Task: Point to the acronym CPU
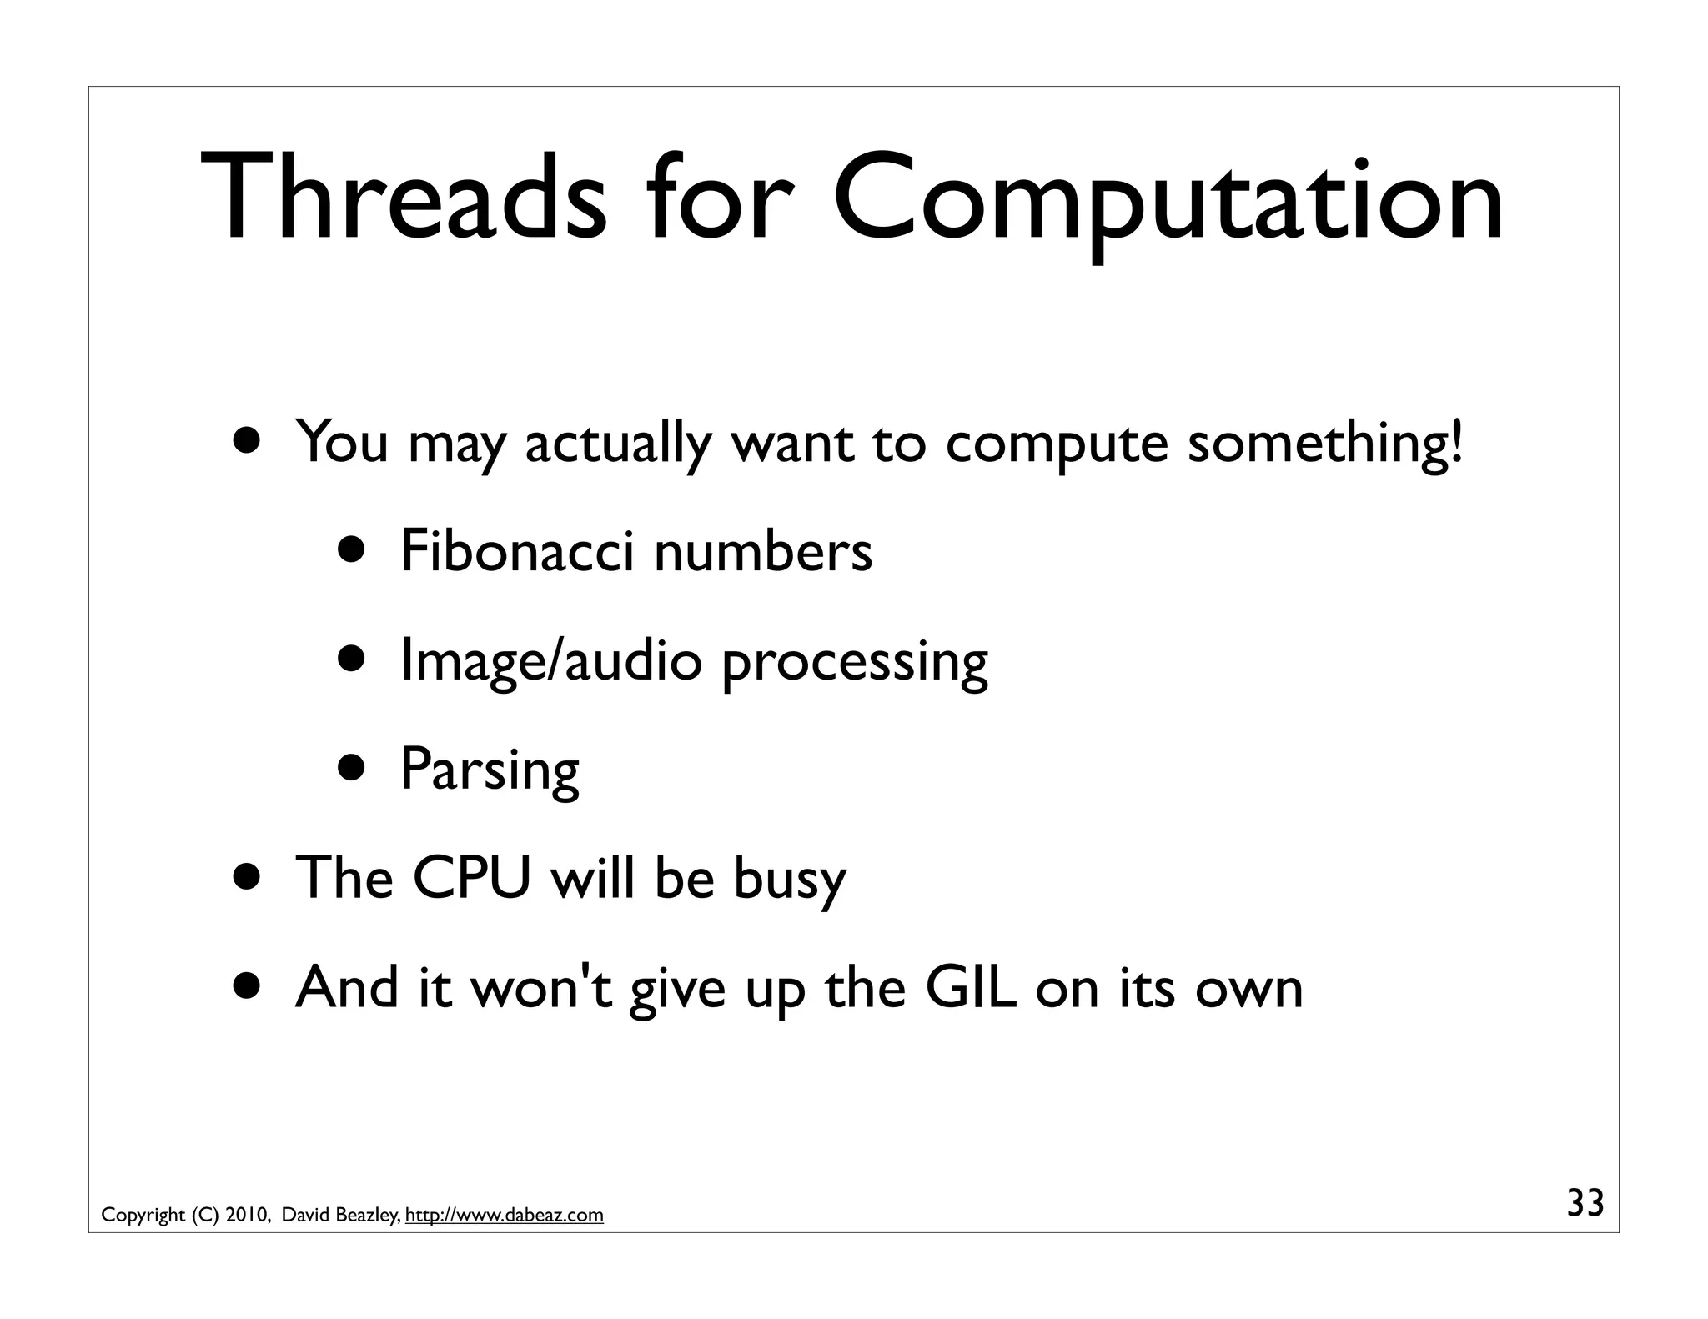472,878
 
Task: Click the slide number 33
1585,1204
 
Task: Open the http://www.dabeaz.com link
504,1216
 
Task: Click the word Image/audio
551,660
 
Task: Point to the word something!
1325,443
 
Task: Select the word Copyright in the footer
143,1216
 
